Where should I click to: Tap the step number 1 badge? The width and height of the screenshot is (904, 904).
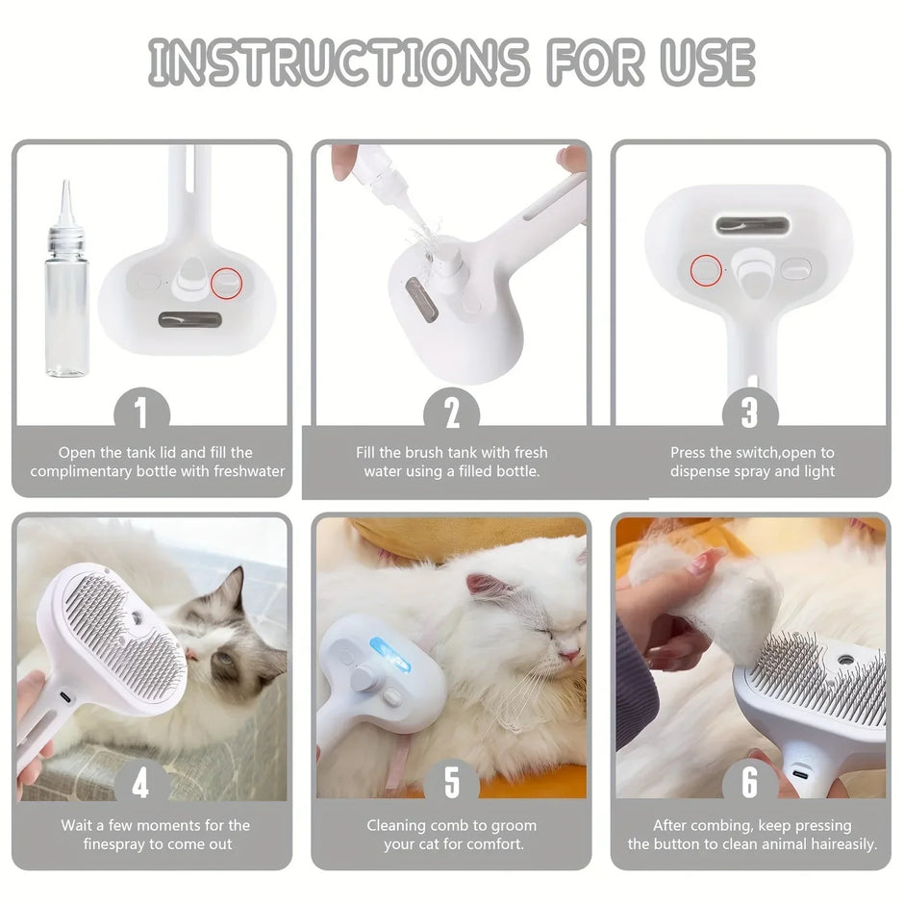(x=141, y=414)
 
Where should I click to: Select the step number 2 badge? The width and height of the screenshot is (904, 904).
(x=452, y=414)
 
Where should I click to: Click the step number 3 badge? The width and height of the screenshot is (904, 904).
(x=750, y=414)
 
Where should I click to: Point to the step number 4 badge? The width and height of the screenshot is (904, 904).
(x=141, y=785)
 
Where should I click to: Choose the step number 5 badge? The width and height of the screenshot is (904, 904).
(x=452, y=785)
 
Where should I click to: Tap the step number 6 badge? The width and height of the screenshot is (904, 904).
(x=750, y=785)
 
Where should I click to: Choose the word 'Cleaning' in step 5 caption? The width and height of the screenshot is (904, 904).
(x=397, y=825)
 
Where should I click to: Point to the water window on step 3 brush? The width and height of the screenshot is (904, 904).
(x=749, y=225)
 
